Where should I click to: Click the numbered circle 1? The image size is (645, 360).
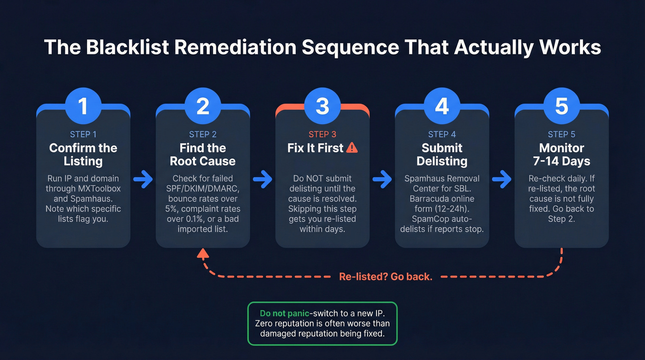(83, 106)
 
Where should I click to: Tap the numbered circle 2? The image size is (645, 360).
(203, 106)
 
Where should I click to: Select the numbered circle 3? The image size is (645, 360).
(322, 106)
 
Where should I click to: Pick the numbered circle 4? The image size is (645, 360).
(442, 106)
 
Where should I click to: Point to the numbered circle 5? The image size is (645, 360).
(562, 106)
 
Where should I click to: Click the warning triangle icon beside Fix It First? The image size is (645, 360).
(352, 148)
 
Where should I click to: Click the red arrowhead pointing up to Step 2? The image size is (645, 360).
(203, 253)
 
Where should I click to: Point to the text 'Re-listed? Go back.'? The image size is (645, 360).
(386, 277)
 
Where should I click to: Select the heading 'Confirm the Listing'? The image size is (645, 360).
(83, 154)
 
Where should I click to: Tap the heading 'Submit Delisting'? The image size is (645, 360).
(442, 154)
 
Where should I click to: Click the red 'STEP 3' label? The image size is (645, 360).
(322, 134)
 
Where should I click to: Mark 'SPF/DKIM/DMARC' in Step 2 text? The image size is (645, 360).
(202, 188)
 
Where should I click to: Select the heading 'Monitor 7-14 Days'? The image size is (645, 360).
(562, 154)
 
